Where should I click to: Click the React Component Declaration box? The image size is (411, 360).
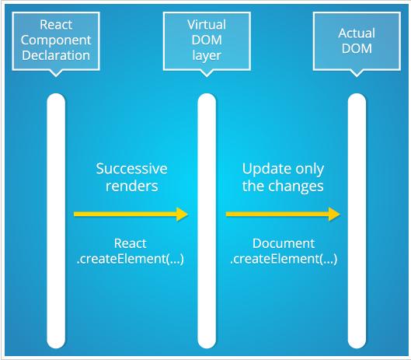point(56,41)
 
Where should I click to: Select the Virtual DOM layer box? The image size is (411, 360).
point(207,41)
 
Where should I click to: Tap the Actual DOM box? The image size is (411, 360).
point(357,41)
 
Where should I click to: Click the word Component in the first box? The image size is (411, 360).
point(56,40)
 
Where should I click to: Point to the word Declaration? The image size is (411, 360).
point(56,55)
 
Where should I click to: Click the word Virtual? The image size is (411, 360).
point(207,25)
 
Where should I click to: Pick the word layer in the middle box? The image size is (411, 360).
point(207,56)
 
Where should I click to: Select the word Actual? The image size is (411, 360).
point(357,33)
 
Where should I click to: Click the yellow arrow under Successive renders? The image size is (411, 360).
point(131,215)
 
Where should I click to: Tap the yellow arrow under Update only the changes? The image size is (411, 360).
point(283,215)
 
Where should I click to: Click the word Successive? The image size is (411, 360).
point(131,169)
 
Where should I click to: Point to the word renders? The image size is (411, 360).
point(132,186)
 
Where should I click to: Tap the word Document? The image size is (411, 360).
point(284,243)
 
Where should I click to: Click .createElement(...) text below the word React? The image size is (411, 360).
point(131,259)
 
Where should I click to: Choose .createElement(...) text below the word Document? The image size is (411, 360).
point(284,259)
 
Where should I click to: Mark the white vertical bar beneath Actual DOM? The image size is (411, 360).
point(357,221)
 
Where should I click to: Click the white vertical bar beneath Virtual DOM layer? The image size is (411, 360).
point(207,221)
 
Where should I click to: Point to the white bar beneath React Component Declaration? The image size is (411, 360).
point(56,221)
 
